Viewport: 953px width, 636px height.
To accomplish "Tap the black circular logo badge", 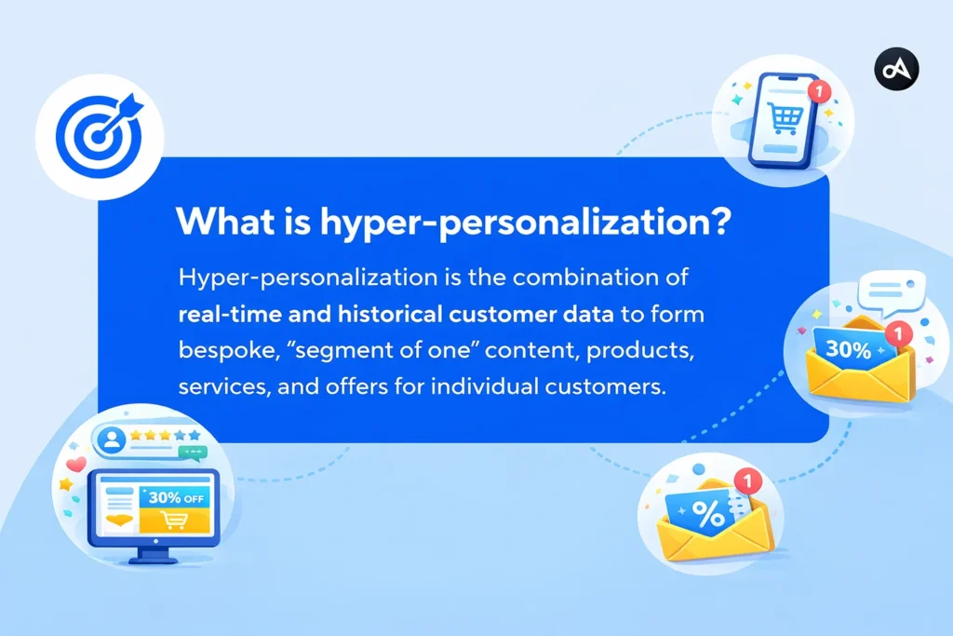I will (x=896, y=69).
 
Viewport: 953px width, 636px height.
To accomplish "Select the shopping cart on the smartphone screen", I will (x=783, y=115).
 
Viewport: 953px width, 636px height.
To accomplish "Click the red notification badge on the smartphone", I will (x=818, y=91).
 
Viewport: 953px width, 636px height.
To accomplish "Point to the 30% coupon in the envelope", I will (x=849, y=351).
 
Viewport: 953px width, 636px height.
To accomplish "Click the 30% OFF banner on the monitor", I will (x=176, y=497).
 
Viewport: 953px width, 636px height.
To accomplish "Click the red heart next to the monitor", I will (x=76, y=464).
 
